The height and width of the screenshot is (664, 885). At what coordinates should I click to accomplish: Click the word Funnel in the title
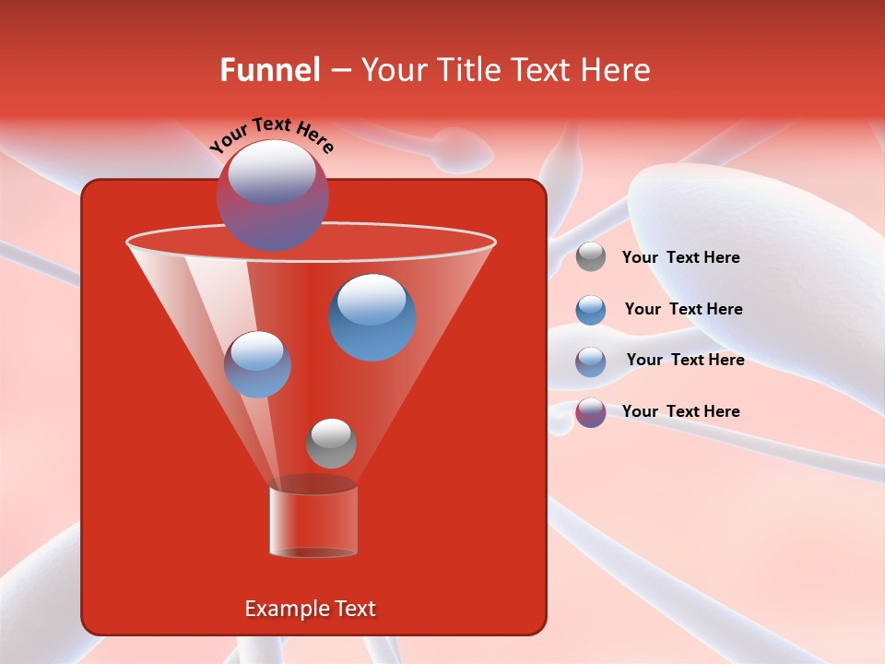(269, 70)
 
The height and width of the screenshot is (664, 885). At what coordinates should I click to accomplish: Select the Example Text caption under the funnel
(310, 609)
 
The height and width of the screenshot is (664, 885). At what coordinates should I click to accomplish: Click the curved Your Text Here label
(271, 135)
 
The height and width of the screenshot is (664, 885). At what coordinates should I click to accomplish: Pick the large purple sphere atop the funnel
(272, 195)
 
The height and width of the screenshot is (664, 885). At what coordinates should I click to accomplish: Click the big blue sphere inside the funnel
(372, 317)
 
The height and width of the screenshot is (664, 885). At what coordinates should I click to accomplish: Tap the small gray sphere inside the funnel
(331, 444)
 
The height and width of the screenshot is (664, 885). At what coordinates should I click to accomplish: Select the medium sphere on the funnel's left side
(257, 364)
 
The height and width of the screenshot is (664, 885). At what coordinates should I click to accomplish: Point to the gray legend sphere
(591, 257)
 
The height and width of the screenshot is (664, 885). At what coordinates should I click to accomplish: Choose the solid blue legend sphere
(591, 310)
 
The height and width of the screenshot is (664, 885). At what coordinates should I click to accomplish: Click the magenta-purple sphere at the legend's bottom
(591, 412)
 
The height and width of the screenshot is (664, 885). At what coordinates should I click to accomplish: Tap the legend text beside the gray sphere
(680, 257)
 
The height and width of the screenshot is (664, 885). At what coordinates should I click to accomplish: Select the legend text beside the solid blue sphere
(683, 309)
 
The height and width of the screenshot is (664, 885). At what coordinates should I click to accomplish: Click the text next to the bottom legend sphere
(680, 411)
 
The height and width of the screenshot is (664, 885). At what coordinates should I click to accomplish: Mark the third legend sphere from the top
(591, 362)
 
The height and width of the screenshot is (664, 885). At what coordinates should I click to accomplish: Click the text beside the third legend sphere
(685, 360)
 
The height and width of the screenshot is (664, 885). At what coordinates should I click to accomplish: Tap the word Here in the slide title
(615, 70)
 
